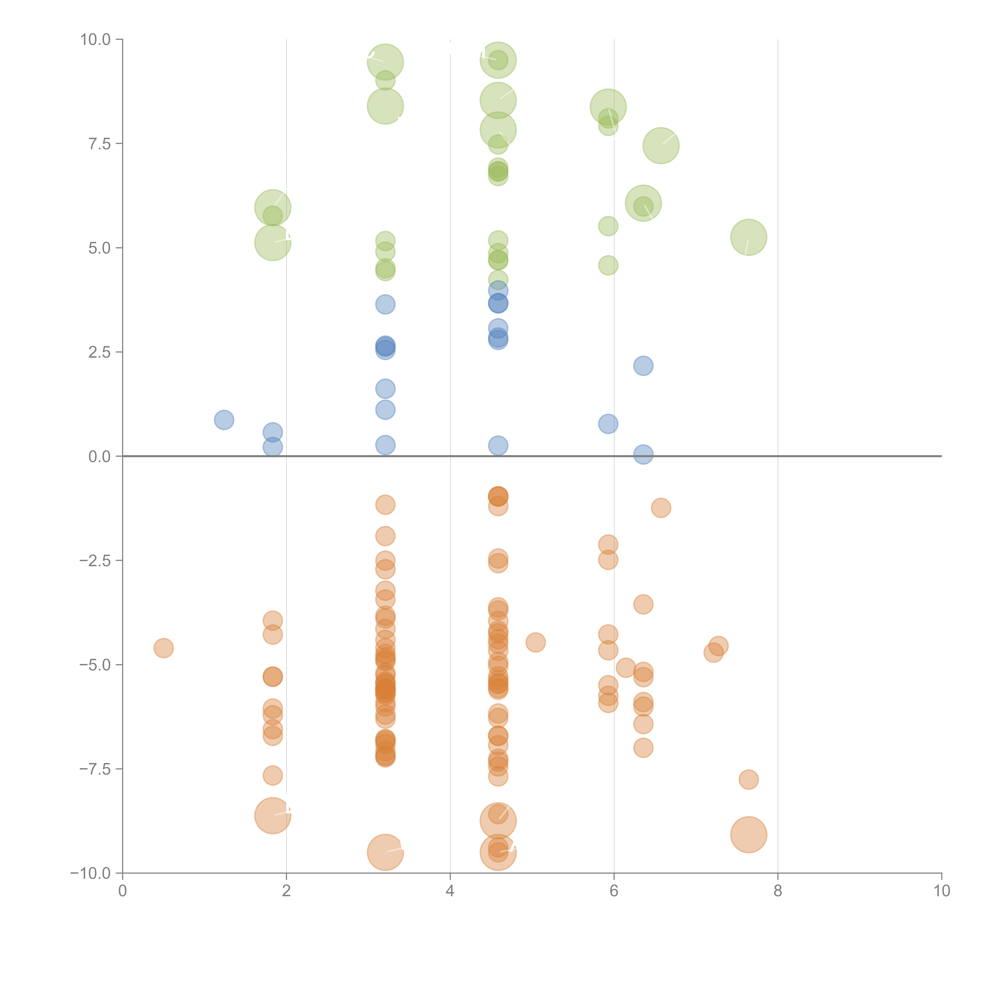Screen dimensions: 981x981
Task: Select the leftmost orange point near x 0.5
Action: point(163,648)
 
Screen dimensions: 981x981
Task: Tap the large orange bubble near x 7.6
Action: point(749,835)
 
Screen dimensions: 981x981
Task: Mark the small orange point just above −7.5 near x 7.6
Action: point(749,780)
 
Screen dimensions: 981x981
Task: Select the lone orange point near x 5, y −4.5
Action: point(535,642)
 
